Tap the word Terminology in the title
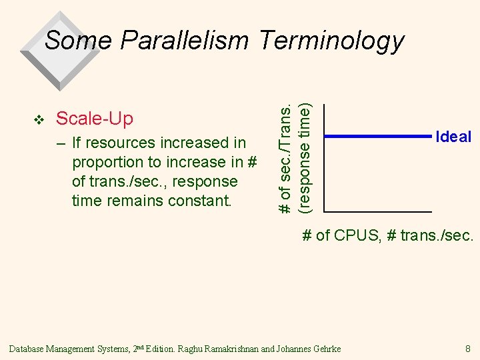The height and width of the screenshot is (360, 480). tap(331, 41)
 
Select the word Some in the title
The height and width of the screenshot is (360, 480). tap(77, 41)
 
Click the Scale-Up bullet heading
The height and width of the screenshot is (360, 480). tap(95, 119)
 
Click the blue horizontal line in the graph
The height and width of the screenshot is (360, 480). tap(377, 137)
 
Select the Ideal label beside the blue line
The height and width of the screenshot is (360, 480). tap(453, 137)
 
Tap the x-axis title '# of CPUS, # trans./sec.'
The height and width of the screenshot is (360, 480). tap(388, 235)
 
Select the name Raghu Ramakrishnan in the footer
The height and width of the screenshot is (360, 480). tap(233, 349)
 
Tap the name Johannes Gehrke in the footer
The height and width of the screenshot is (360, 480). tap(310, 349)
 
